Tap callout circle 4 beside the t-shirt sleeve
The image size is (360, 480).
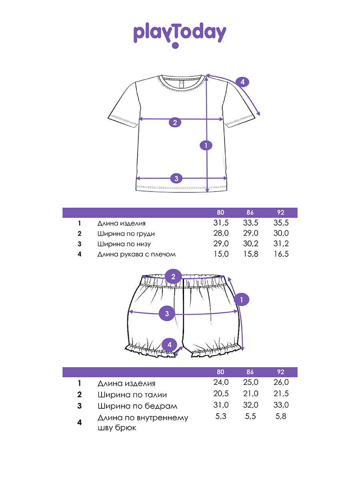coord(242,82)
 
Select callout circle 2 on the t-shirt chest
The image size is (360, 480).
coord(174,122)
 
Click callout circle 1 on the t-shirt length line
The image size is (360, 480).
coord(206,146)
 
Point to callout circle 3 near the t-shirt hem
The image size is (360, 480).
coord(176,178)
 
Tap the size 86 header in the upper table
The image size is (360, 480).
coord(250,213)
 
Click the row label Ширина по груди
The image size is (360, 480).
coord(126,234)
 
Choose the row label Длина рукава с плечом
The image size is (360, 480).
coord(136,254)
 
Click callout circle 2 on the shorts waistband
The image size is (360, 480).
coord(173,276)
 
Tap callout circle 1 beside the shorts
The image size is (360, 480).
coord(242,299)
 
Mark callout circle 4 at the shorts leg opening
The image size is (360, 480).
coord(170,344)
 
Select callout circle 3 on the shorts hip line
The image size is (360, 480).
coord(167,314)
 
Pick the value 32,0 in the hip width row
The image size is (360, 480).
coord(251,405)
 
